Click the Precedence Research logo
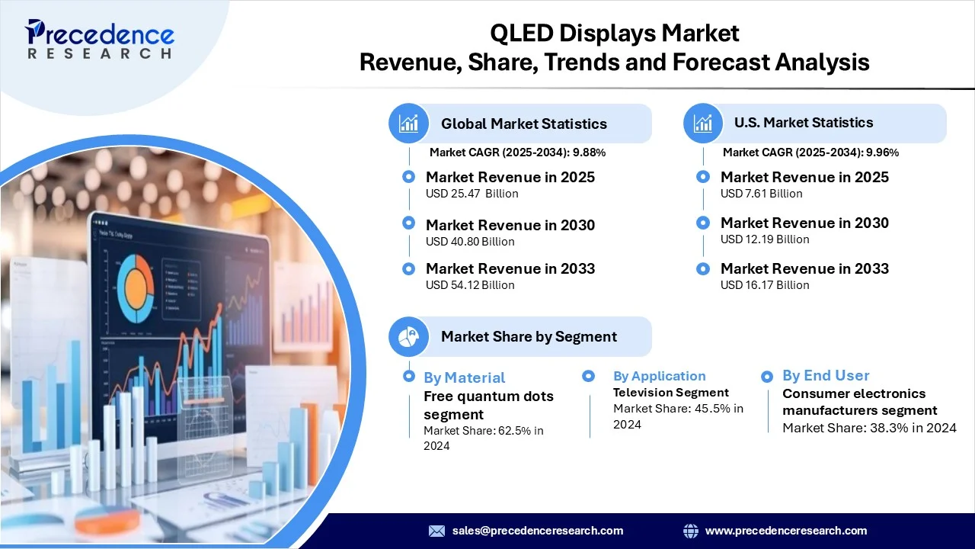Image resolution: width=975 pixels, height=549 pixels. [100, 39]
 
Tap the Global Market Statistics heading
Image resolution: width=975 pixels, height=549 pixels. [523, 124]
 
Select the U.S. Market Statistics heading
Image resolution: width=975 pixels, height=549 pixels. [804, 123]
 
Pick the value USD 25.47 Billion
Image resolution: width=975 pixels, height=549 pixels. [472, 194]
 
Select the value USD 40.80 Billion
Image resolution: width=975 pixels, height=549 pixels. [470, 242]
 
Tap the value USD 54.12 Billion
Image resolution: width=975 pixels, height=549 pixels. [470, 285]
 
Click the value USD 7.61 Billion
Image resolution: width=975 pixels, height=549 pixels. [761, 194]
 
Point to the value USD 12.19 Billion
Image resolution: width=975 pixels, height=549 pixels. [765, 239]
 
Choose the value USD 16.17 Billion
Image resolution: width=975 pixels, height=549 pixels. [765, 285]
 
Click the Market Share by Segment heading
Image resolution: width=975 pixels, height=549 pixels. [529, 336]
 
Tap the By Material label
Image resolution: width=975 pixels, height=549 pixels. [464, 377]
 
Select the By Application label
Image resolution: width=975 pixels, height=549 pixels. [660, 376]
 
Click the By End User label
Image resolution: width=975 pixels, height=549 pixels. [826, 375]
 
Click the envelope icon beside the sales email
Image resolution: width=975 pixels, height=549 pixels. [436, 531]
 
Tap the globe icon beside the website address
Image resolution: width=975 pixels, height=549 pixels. [691, 531]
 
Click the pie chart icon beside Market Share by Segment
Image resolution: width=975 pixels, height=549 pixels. [409, 337]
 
